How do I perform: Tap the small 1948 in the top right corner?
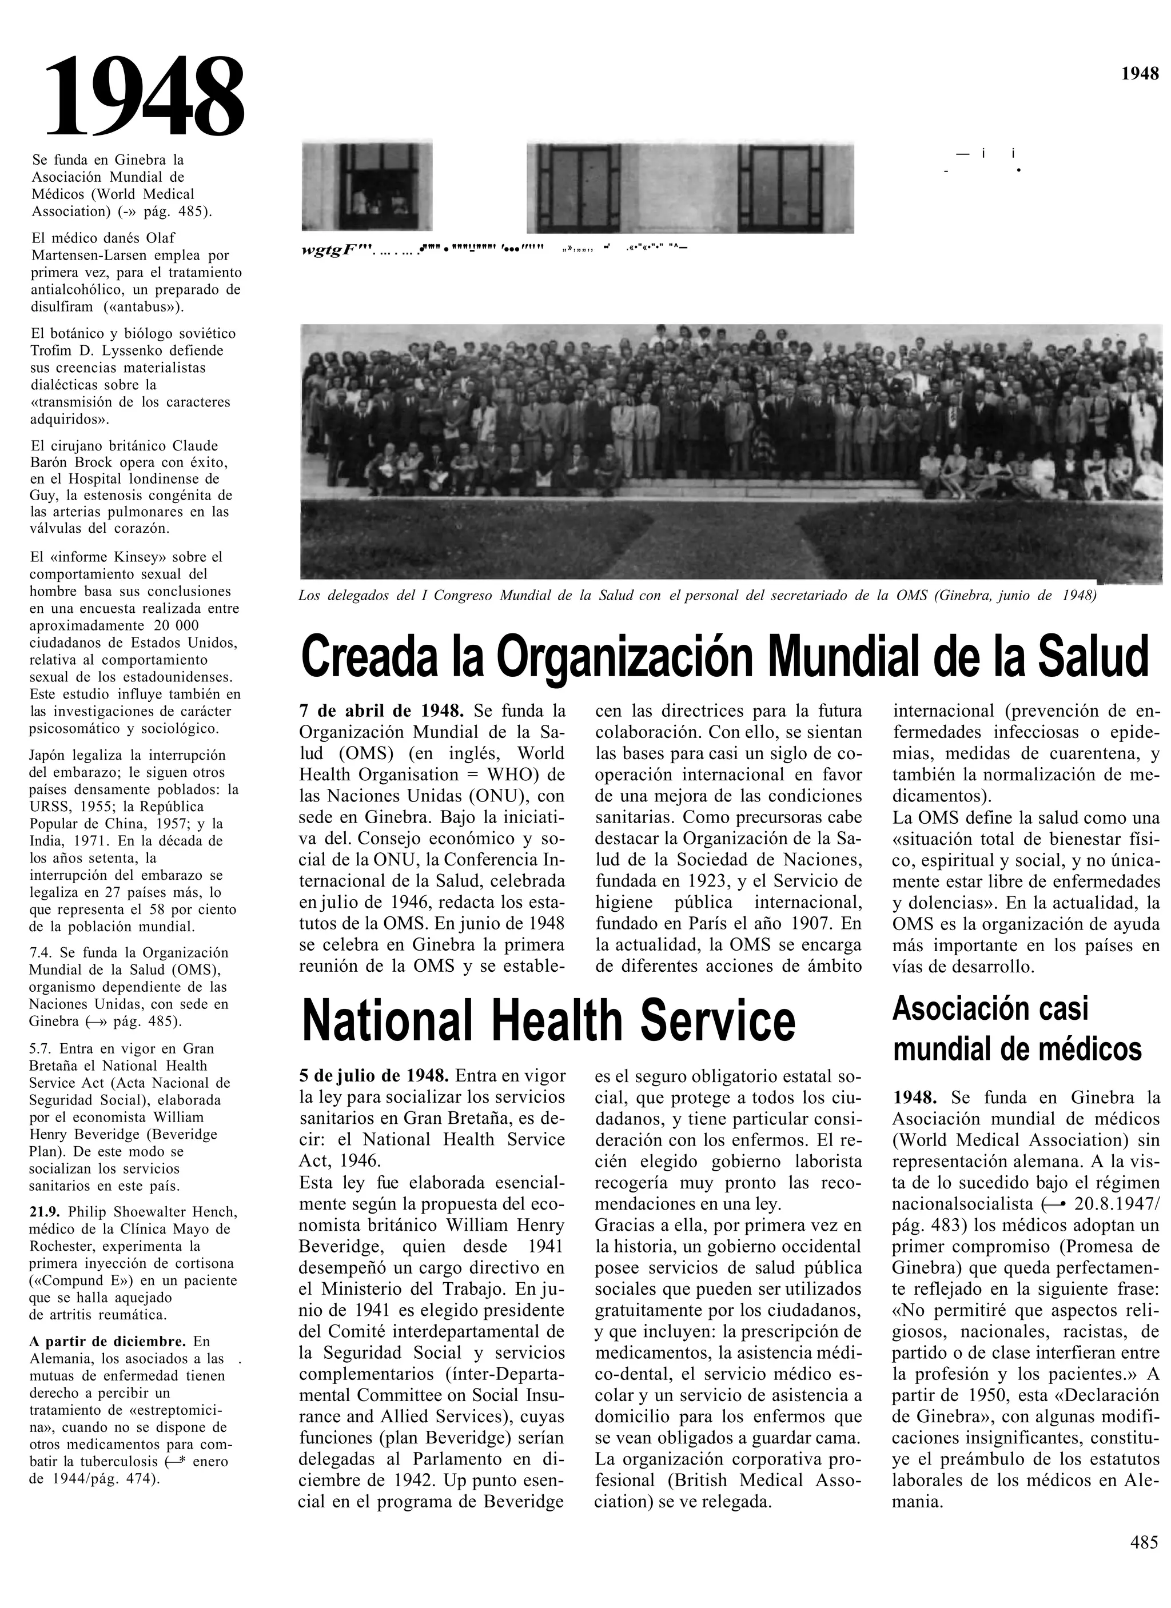point(1140,73)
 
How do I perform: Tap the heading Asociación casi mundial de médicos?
point(1017,1028)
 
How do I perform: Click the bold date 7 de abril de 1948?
point(381,711)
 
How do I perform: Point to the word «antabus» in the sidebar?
point(148,307)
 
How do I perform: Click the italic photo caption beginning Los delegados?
point(697,596)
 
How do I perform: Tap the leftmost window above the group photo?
point(366,186)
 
